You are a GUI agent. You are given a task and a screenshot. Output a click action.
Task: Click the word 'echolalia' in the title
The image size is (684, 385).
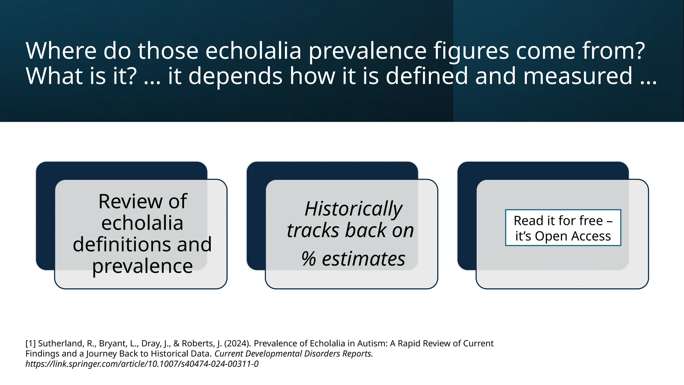coord(253,51)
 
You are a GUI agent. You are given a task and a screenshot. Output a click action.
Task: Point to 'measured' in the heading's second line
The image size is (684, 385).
coord(578,76)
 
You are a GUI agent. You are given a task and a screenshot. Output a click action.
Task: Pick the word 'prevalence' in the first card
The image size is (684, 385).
coord(142,266)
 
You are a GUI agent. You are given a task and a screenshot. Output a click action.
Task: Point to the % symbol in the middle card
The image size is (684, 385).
coord(308,259)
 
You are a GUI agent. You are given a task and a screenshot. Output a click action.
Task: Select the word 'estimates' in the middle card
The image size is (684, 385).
coord(363,259)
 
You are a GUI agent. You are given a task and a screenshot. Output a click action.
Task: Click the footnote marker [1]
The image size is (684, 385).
coord(30,344)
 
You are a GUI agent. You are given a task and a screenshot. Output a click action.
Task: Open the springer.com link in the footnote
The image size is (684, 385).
coord(142,364)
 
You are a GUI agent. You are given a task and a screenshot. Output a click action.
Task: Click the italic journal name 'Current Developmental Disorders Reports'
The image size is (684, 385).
coord(294,354)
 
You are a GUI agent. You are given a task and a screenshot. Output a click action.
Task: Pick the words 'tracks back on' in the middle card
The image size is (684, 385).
coord(350,231)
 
